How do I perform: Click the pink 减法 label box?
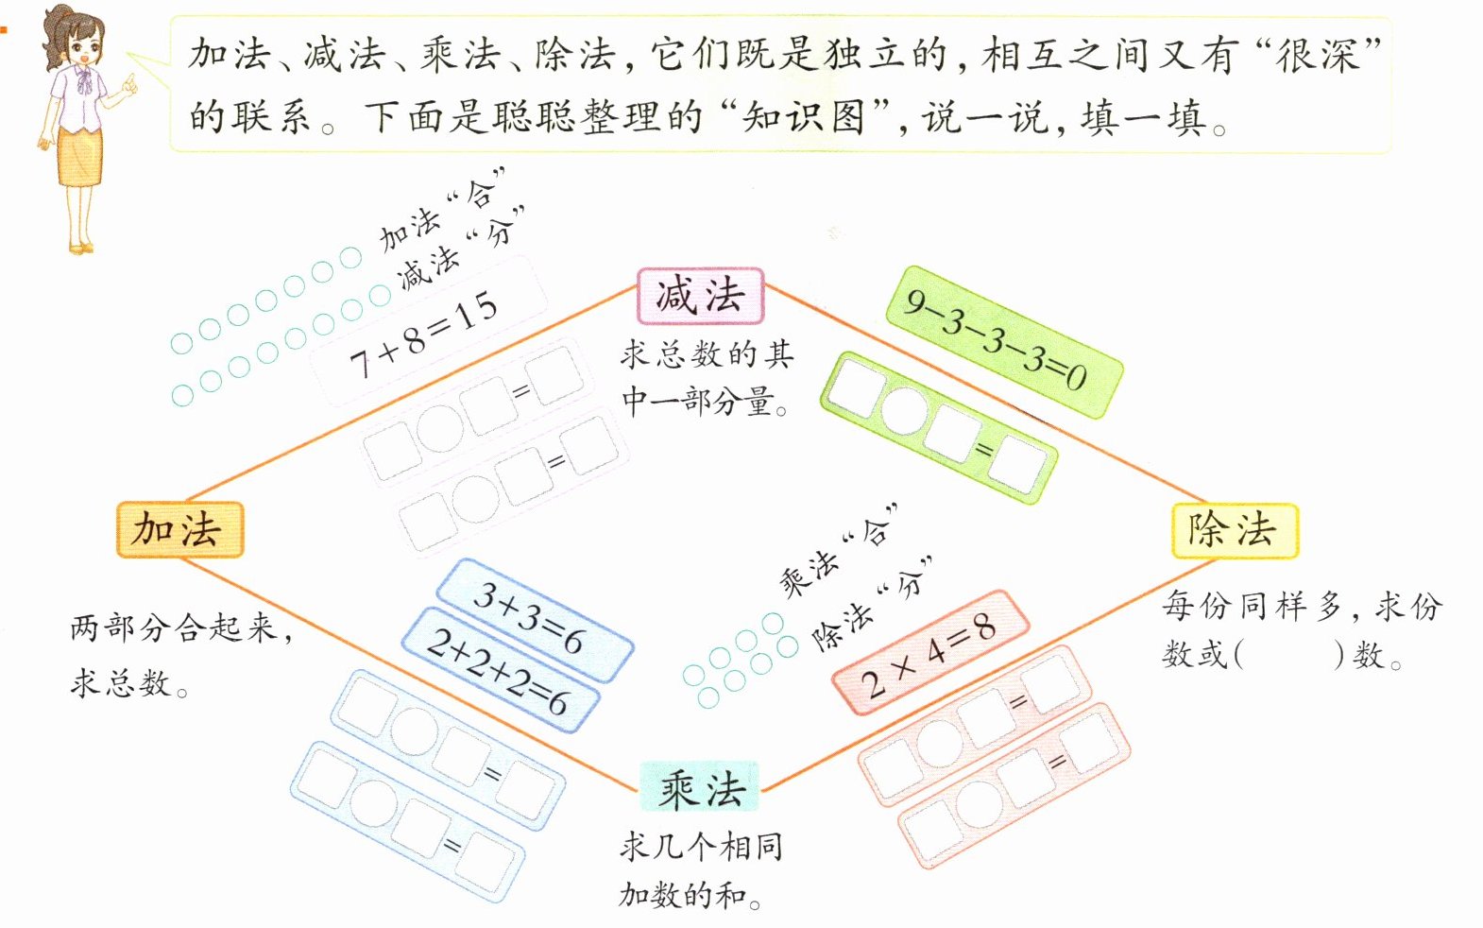[700, 296]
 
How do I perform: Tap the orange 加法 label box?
[179, 529]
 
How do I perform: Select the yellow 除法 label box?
[1235, 530]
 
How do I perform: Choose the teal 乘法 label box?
[700, 788]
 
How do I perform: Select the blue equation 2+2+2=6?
[500, 670]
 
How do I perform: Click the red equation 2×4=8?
[930, 652]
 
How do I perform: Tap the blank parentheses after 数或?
[1288, 655]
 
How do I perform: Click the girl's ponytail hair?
[57, 38]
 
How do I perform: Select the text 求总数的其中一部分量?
[707, 378]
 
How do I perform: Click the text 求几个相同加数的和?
[700, 870]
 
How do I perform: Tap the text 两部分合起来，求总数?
[179, 654]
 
